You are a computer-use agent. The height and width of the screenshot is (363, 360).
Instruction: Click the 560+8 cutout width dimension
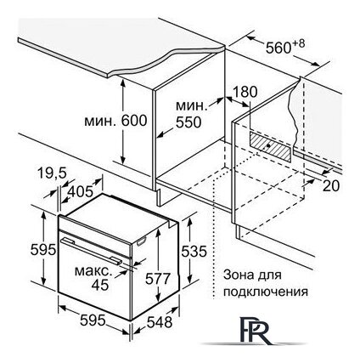[x=285, y=47]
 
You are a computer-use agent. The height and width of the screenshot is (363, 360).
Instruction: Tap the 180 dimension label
[x=245, y=92]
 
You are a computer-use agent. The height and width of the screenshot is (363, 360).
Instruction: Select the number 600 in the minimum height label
[x=134, y=121]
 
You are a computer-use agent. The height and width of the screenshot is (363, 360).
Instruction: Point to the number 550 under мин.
[x=188, y=122]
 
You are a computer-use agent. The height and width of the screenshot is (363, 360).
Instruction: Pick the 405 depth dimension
[x=80, y=191]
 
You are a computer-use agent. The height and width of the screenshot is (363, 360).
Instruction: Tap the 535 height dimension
[x=194, y=251]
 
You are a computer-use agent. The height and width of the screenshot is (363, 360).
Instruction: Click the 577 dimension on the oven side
[x=158, y=278]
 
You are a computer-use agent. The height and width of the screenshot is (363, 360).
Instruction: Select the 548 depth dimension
[x=160, y=322]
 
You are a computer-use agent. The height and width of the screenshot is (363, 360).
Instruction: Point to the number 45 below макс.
[x=100, y=285]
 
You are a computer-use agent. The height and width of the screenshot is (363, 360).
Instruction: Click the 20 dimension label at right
[x=331, y=186]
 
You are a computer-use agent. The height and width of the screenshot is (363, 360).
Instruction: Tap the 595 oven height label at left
[x=43, y=250]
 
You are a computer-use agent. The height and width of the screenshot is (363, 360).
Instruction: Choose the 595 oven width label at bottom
[x=93, y=320]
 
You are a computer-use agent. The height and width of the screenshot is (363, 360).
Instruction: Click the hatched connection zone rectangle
[x=270, y=146]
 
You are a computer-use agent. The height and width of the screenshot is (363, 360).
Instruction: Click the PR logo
[x=255, y=331]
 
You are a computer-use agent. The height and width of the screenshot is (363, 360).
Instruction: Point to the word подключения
[x=266, y=292]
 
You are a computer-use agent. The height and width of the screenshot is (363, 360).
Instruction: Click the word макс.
[x=93, y=271]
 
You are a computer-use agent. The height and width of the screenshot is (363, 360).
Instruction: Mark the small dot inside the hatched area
[x=267, y=145]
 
